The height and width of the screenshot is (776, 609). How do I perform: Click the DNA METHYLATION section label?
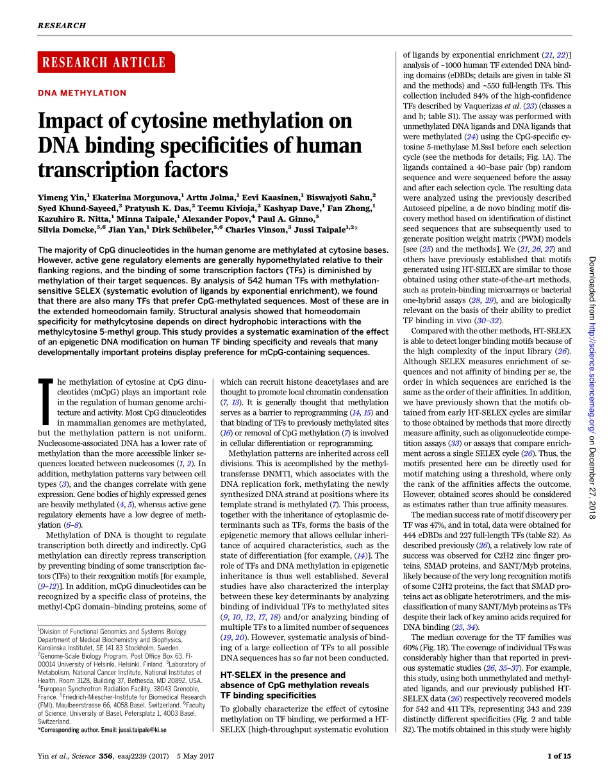click(83, 93)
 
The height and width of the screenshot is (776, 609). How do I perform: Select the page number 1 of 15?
click(558, 756)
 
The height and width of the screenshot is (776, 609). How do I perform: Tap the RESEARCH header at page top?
click(62, 26)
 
